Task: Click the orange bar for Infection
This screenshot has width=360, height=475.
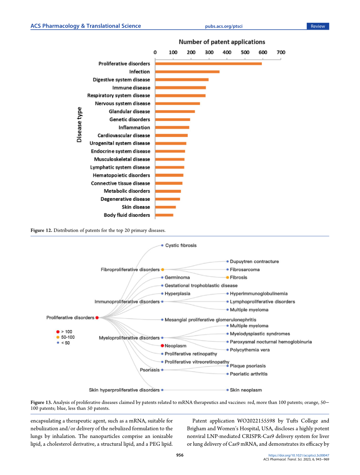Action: [x=187, y=72]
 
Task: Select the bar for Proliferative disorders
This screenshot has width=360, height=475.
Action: [x=209, y=64]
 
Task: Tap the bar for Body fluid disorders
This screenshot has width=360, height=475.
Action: [x=164, y=215]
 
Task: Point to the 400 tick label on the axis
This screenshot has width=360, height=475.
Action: [x=227, y=52]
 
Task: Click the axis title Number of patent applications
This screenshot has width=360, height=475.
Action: [x=222, y=42]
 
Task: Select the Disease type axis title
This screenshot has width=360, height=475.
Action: [x=79, y=124]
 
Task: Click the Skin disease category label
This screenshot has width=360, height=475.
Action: [x=136, y=207]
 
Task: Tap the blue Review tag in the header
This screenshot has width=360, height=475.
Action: [x=318, y=26]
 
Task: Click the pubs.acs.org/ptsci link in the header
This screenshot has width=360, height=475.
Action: [x=224, y=26]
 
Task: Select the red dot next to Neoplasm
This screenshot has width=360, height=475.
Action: [x=162, y=345]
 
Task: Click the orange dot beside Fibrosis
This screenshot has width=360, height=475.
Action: [x=227, y=277]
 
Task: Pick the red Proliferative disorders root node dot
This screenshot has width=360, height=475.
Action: [x=97, y=318]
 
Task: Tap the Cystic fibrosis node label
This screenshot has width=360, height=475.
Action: [x=181, y=245]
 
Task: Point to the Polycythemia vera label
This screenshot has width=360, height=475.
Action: [x=250, y=350]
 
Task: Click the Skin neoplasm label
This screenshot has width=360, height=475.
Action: [x=246, y=390]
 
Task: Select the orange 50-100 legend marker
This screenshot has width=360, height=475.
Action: [x=58, y=337]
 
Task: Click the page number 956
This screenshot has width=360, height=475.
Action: [x=180, y=455]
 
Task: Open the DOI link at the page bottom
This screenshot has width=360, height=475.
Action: [x=299, y=455]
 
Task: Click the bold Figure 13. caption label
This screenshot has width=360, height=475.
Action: [x=41, y=402]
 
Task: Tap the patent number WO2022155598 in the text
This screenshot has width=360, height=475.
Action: [x=256, y=421]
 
